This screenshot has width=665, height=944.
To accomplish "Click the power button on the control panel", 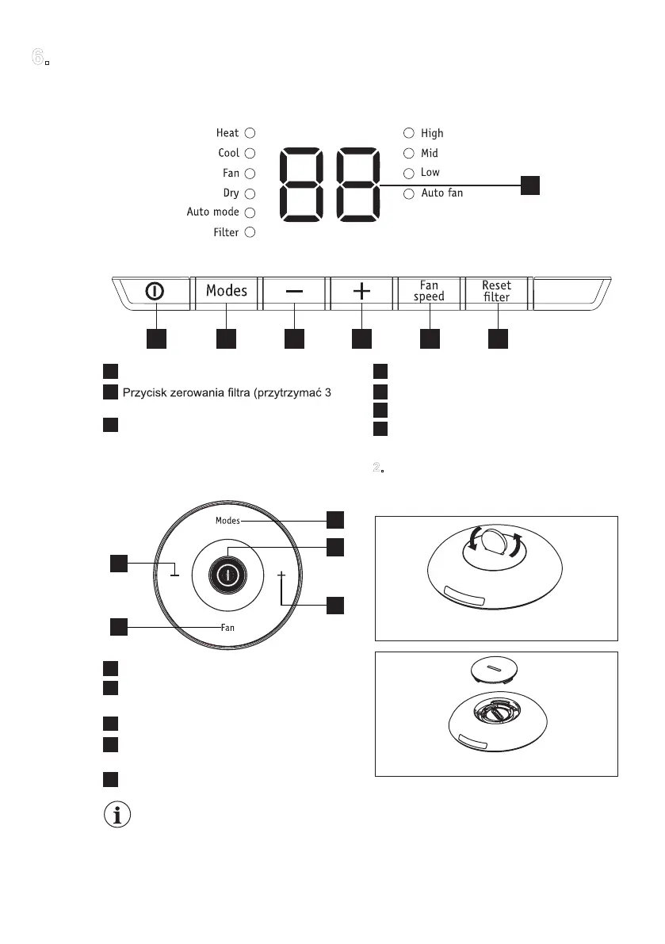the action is pos(155,292).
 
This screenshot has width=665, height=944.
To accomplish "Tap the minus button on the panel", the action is pos(294,292).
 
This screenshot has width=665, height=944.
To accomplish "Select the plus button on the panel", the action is pos(361,292).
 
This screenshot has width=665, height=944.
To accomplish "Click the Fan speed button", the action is pos(429,291).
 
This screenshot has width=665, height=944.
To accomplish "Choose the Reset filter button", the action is pos(497,291).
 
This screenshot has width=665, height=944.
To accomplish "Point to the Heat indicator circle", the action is pos(250,133).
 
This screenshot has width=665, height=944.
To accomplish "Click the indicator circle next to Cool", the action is pos(250,153).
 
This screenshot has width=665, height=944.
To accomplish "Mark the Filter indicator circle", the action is pos(250,232).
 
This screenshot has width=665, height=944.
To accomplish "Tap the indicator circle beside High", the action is pos(408,133).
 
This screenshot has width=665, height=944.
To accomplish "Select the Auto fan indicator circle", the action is pos(408,193).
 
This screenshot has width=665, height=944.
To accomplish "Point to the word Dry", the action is pos(231,193).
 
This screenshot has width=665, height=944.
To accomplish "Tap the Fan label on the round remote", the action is pos(227,627).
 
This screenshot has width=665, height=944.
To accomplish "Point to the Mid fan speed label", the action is pos(430,153).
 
